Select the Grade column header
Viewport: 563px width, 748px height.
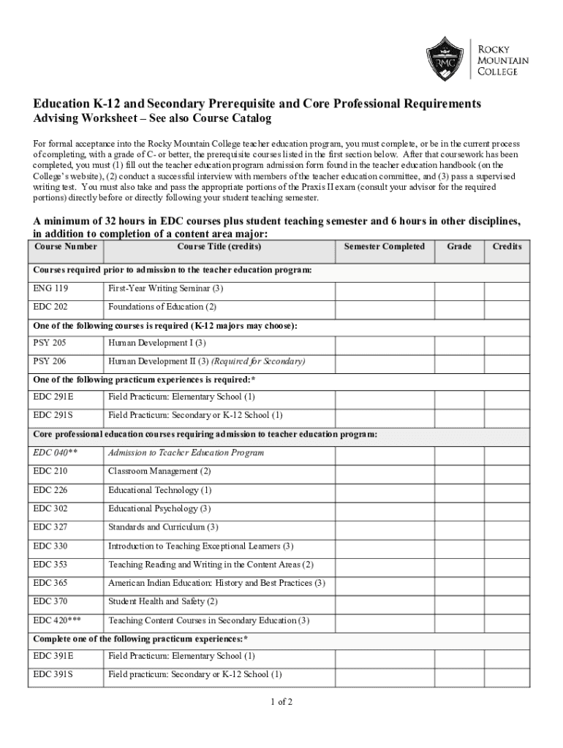point(459,247)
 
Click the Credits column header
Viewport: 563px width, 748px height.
point(507,247)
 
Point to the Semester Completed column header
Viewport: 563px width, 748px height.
point(384,247)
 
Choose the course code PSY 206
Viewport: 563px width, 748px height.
point(50,362)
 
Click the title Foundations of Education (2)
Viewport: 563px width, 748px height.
point(162,307)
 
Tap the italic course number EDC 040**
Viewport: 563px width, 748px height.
point(56,453)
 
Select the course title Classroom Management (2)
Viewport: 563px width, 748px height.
point(159,471)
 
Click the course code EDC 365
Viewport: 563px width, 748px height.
point(50,583)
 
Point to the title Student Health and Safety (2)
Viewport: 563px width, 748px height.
point(163,601)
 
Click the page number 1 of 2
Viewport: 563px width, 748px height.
point(281,703)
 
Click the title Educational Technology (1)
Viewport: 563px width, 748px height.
point(160,490)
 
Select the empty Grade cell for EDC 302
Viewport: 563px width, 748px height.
point(459,509)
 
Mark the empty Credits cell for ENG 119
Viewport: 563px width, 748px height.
point(507,290)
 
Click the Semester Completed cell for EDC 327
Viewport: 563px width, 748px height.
point(384,527)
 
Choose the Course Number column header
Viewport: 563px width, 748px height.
point(66,247)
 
